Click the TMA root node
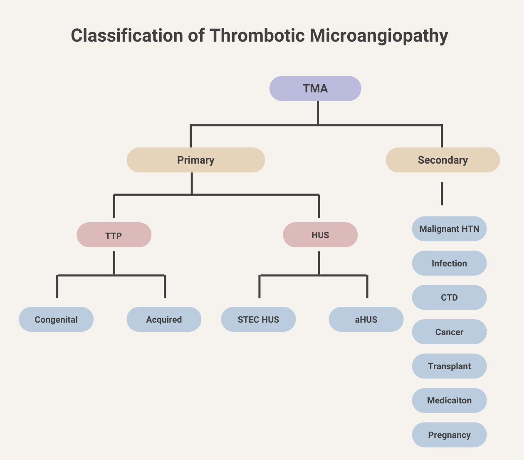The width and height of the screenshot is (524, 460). tap(315, 88)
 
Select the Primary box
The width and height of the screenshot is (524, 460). tap(195, 160)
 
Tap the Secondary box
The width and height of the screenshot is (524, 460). tap(442, 160)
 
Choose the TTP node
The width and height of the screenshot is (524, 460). tap(114, 235)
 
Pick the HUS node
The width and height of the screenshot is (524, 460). tap(320, 235)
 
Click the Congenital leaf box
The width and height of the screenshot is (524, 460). tap(56, 319)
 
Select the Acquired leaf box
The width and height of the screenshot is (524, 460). tap(164, 319)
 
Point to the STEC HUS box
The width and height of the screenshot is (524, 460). tap(258, 319)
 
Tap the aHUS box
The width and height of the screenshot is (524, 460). tap(366, 319)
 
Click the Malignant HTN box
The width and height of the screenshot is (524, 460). tap(449, 229)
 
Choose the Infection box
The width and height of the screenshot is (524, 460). tap(449, 263)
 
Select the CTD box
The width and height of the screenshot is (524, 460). tap(449, 297)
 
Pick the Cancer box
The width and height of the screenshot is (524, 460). tap(449, 332)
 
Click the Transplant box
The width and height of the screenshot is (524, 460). tap(449, 366)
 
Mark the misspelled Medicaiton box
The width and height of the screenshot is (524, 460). tap(449, 400)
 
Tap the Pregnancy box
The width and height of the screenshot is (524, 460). tap(449, 435)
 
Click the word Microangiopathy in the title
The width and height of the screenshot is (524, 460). tap(379, 36)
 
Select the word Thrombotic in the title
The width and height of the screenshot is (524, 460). tap(257, 36)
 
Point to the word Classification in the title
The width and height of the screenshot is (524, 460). tap(127, 36)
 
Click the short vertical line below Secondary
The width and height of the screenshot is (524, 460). tap(442, 194)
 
